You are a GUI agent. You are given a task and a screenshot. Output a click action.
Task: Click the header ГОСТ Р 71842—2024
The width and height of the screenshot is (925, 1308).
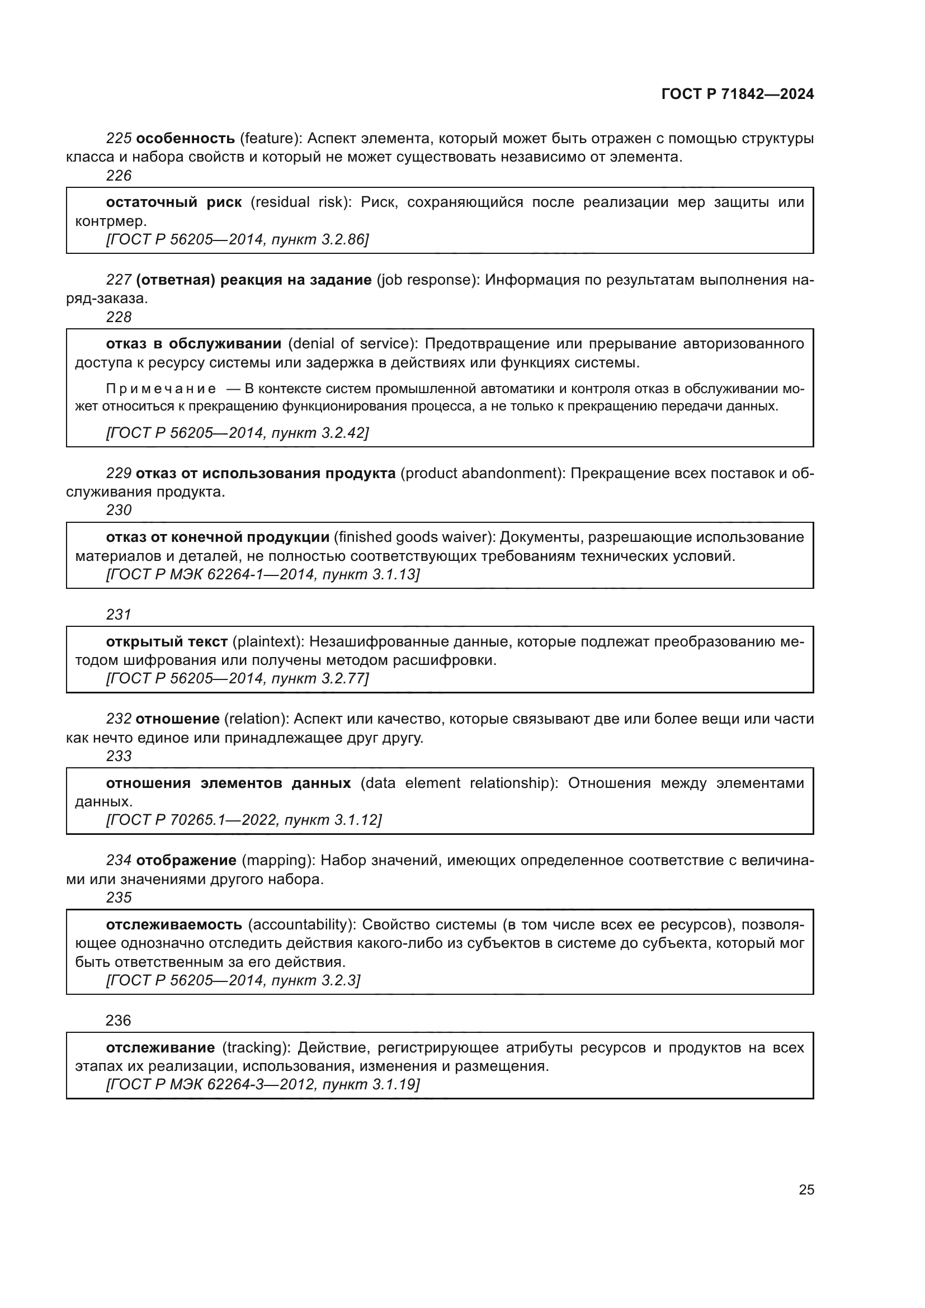(738, 94)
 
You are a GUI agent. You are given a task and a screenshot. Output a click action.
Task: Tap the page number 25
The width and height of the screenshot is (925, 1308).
(806, 1189)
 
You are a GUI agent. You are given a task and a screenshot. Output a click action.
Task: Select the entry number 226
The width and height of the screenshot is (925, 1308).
(119, 176)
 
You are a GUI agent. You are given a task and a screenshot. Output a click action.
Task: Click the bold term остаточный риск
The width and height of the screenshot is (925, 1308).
(174, 202)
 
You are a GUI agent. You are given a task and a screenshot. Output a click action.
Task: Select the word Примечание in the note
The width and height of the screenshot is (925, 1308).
(161, 389)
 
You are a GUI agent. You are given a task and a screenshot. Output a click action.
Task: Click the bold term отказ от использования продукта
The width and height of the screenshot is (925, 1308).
(266, 474)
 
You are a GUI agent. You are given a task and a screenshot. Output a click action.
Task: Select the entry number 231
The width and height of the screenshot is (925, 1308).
(119, 615)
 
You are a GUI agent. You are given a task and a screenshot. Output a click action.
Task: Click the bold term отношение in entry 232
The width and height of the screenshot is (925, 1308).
(178, 719)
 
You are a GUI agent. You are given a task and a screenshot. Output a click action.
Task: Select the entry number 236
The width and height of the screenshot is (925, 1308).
(119, 1021)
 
